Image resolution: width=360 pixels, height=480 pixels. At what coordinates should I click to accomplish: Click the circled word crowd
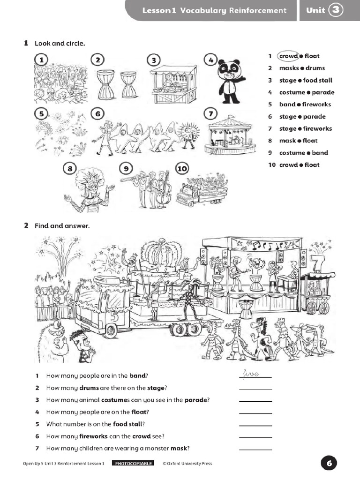tap(288, 56)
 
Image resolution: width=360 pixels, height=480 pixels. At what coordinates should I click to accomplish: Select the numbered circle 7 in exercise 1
tap(210, 114)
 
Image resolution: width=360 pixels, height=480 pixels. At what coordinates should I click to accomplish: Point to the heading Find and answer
tap(62, 226)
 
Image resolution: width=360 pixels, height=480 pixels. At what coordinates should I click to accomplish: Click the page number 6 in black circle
tap(329, 464)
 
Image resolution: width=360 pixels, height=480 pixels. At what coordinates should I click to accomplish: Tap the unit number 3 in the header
tap(336, 10)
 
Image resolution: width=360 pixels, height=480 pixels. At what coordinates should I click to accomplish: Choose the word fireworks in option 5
tap(316, 105)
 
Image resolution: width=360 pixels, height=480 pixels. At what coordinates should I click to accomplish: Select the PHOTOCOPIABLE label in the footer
tap(133, 464)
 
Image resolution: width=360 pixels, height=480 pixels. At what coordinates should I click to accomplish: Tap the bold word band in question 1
tap(138, 375)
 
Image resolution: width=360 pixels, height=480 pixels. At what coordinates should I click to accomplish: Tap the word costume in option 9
tap(292, 153)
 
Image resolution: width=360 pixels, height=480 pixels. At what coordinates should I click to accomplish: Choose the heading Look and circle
tap(60, 44)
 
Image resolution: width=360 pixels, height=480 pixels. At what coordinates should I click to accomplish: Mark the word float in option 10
tap(312, 165)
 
